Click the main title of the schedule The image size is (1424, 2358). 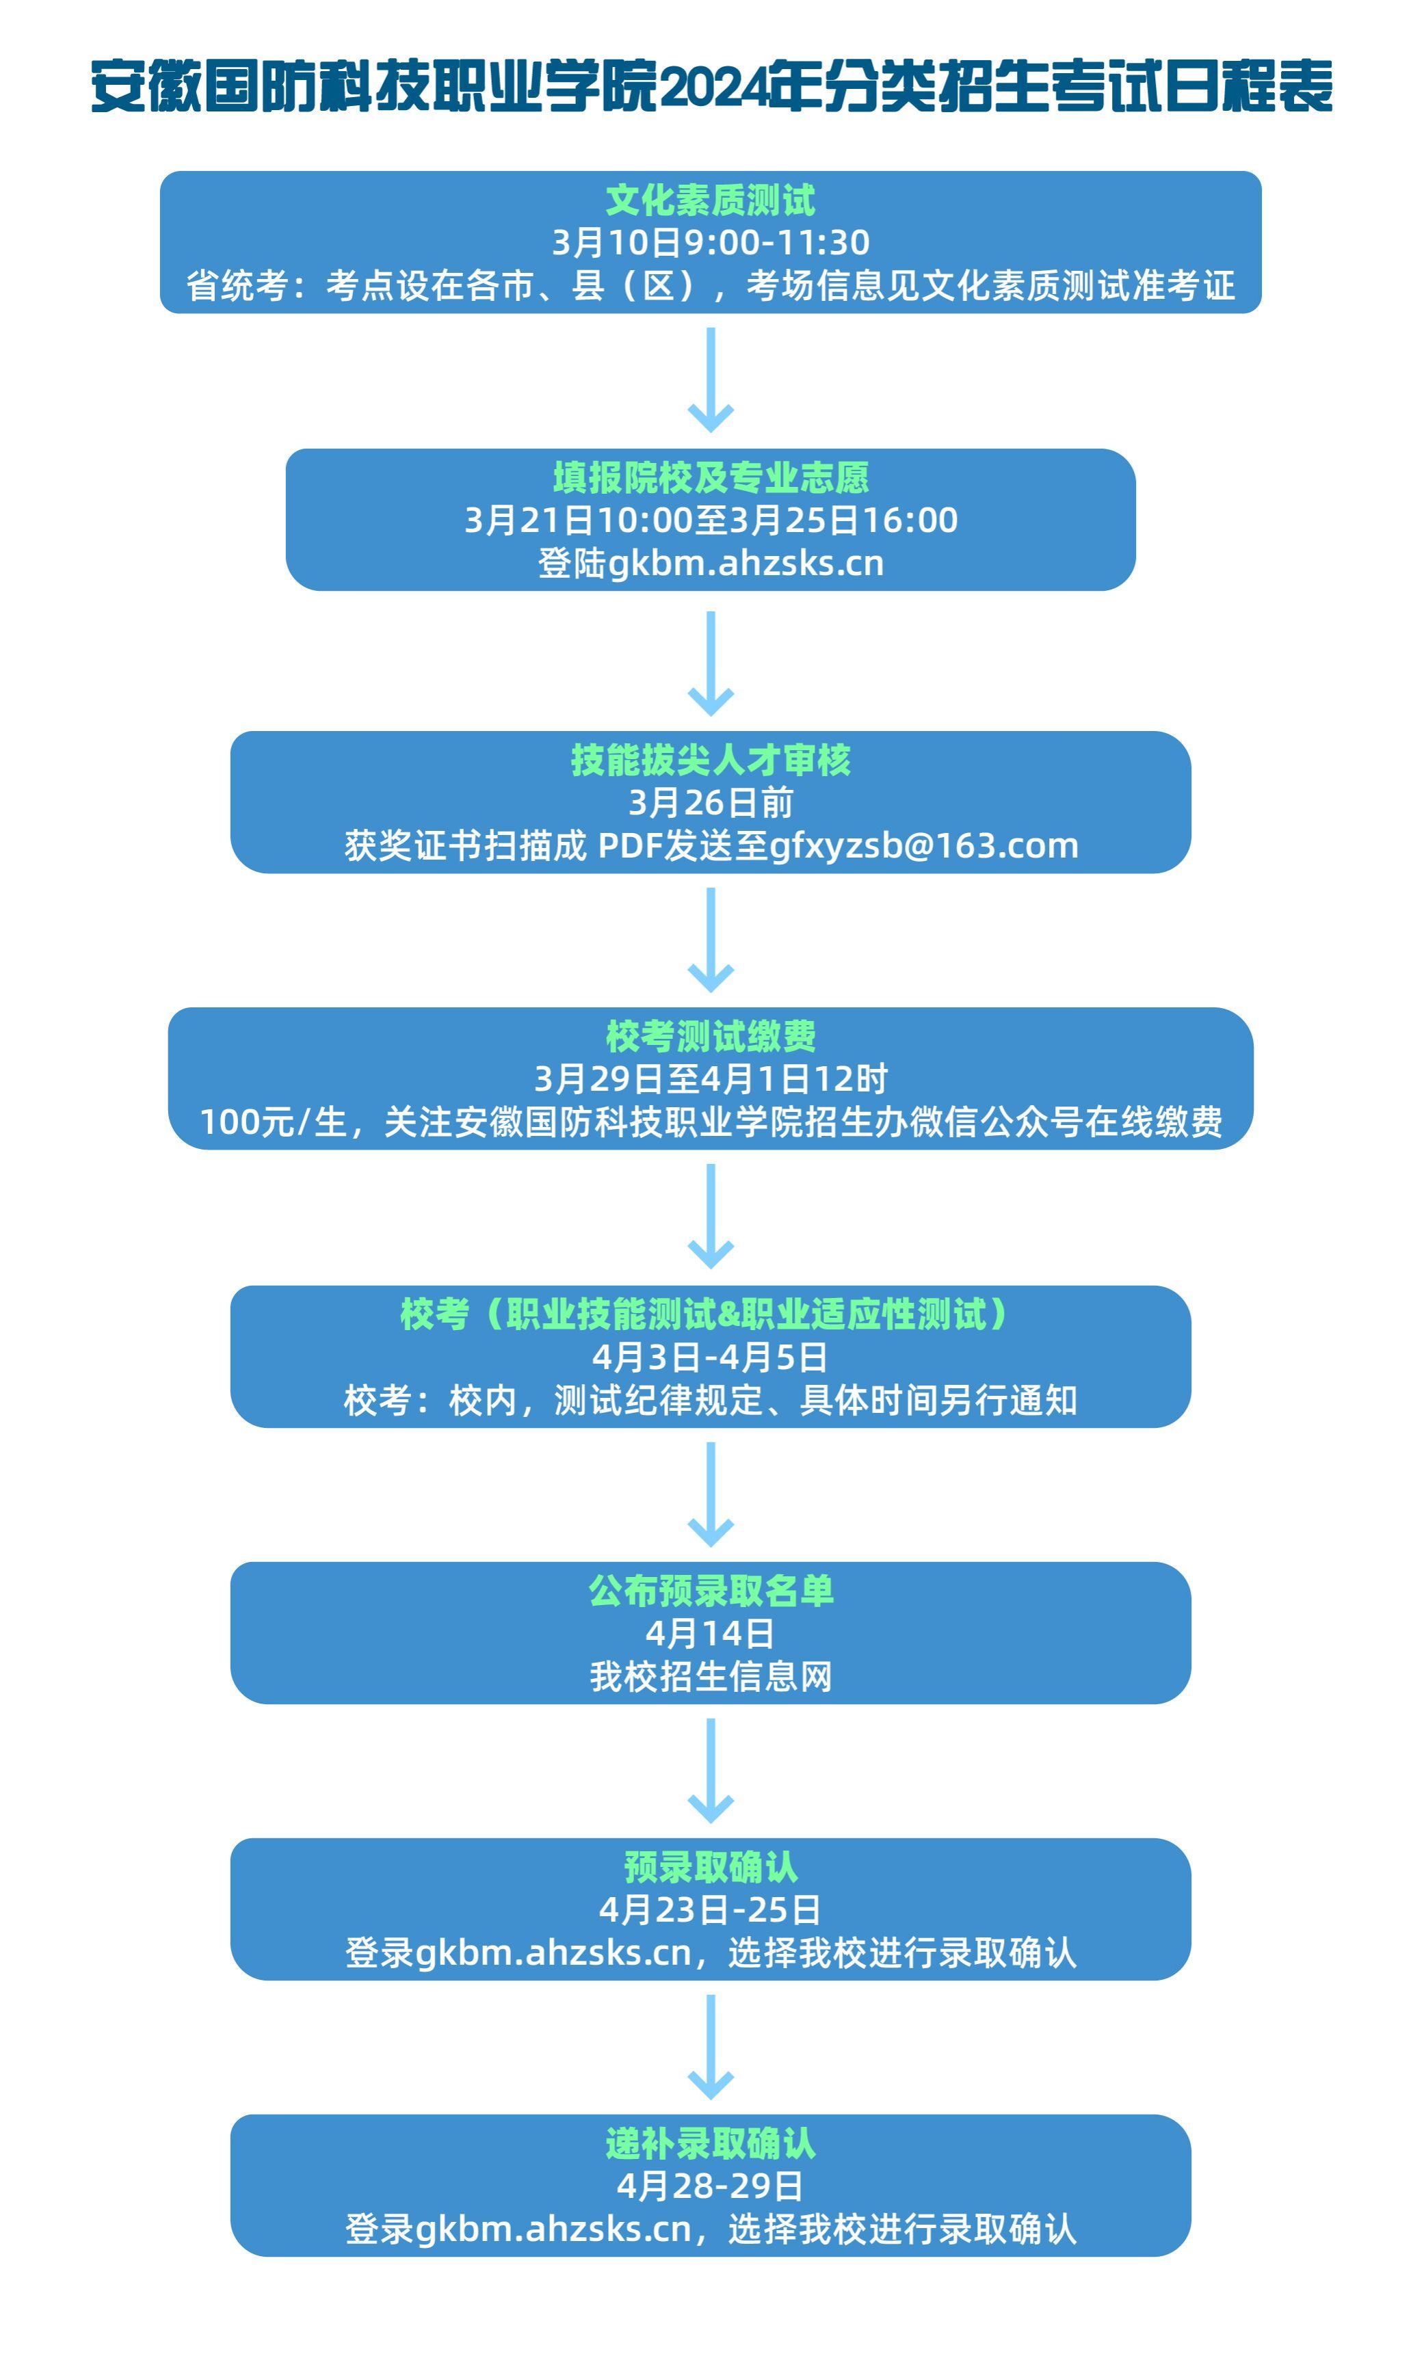pyautogui.click(x=711, y=87)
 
